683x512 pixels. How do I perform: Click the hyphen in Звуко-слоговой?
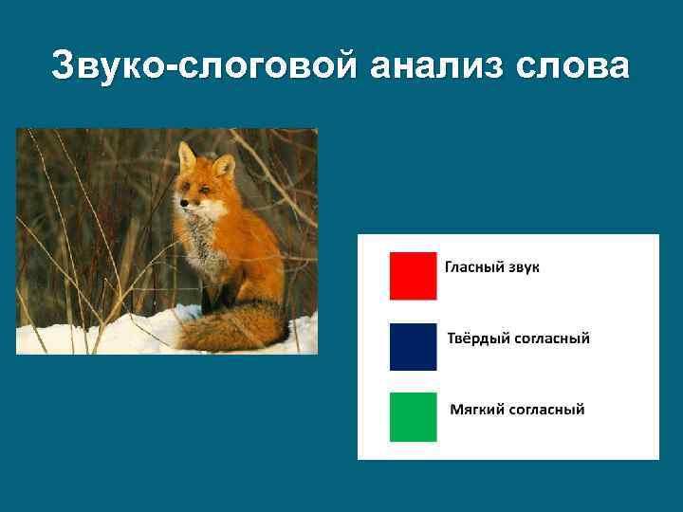(x=171, y=68)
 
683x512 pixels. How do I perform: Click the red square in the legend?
(x=413, y=275)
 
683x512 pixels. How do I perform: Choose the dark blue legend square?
(x=413, y=346)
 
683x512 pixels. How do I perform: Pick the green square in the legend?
(x=413, y=417)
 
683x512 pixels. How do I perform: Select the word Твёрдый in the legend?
(x=477, y=338)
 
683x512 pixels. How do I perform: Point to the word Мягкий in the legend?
(x=476, y=410)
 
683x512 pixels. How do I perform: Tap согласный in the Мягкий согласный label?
(x=547, y=410)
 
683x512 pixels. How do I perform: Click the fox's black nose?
(x=181, y=202)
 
